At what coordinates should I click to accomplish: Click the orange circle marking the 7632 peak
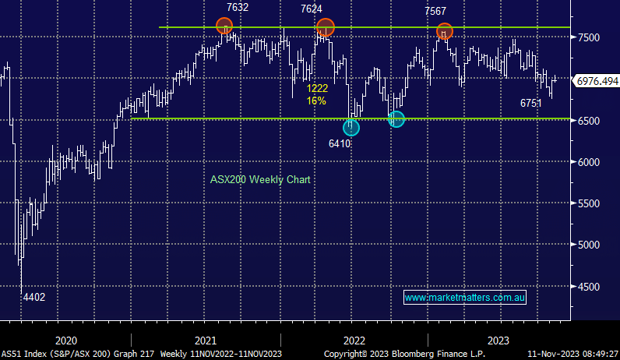pos(225,26)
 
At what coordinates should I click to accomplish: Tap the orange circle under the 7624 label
pos(325,27)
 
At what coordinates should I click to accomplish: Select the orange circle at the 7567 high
pos(445,32)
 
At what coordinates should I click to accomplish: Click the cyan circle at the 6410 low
pos(351,128)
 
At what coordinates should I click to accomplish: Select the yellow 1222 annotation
pos(316,88)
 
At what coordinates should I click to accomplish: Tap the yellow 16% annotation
pos(316,101)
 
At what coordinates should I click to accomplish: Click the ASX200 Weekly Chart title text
pos(260,179)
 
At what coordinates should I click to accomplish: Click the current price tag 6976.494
pos(596,80)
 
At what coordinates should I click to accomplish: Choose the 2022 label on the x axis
pos(354,341)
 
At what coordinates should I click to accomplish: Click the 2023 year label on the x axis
pos(498,341)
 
